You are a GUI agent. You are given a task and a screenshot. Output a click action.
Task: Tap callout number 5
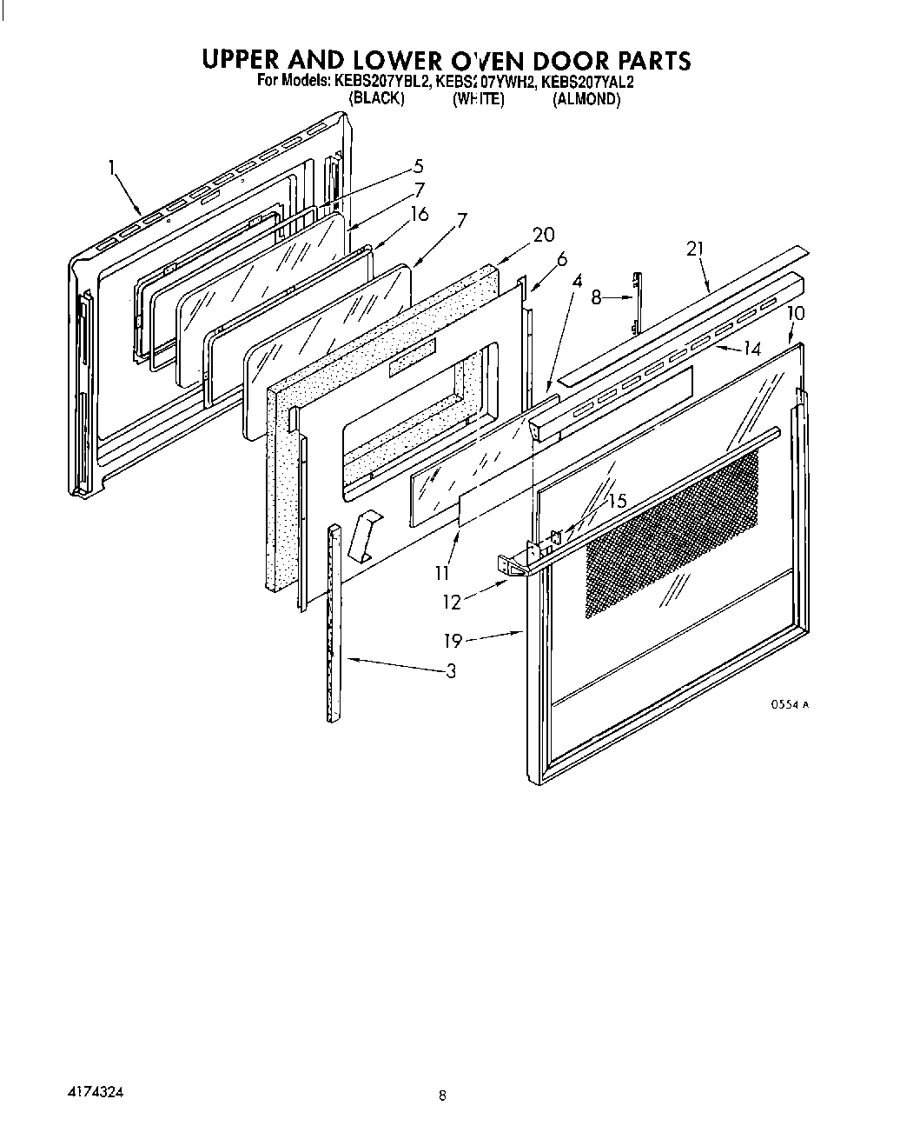coord(418,165)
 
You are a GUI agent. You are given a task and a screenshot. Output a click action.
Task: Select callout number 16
coord(420,214)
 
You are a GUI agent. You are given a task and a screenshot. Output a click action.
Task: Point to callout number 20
coord(544,234)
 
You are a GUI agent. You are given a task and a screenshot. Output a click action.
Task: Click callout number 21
coord(695,249)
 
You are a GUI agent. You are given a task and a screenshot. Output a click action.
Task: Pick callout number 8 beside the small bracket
coord(596,297)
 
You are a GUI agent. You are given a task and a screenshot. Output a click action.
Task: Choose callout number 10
coord(797,313)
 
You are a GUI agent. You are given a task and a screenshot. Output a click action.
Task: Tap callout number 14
coord(752,349)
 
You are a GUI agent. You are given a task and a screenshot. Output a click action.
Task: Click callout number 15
coord(617,502)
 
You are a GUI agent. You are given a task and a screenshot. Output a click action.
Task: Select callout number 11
coord(443,573)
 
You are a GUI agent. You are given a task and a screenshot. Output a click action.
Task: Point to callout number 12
coord(452,602)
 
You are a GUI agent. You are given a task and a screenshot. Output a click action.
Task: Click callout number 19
coord(453,642)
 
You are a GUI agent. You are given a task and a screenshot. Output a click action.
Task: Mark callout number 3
coord(451,670)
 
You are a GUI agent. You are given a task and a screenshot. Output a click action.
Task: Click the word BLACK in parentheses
coord(376,99)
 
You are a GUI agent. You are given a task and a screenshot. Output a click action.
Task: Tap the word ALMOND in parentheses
coord(587,99)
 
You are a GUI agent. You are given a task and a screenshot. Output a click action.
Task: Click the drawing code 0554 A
coord(791,705)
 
